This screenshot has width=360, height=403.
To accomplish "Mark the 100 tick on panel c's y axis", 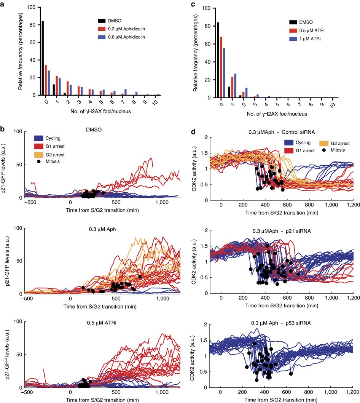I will pyautogui.click(x=208, y=8).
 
